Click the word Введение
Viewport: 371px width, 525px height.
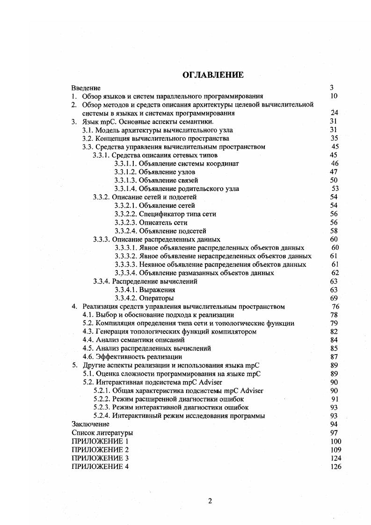click(86, 87)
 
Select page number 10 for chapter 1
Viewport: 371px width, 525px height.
click(334, 96)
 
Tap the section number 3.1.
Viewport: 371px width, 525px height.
click(87, 130)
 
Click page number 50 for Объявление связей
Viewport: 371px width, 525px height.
click(334, 180)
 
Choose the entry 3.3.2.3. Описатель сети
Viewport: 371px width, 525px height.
click(151, 222)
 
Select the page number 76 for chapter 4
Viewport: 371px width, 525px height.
click(335, 307)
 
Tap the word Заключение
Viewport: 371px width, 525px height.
click(90, 424)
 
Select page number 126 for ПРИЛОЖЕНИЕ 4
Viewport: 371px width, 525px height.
click(335, 467)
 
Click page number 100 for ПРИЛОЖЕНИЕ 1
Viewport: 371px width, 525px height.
click(335, 441)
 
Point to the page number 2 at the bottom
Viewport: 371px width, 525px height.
click(210, 501)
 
